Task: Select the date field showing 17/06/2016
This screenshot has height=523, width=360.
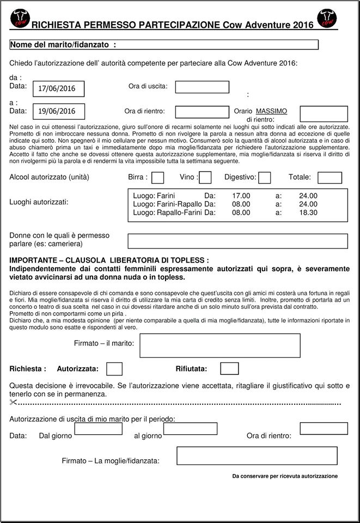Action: coord(60,88)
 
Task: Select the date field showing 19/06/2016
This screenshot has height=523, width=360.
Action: coord(60,111)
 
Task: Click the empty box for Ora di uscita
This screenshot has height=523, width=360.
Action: coord(202,87)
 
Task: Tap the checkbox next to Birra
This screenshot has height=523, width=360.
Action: coord(158,178)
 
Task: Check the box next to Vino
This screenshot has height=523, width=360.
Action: coord(205,178)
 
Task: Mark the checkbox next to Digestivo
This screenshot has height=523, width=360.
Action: coord(265,178)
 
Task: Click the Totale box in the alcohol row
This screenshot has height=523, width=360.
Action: coord(330,178)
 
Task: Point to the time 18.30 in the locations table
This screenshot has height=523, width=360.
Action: coord(308,212)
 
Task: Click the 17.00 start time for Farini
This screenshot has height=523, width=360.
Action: coord(241,195)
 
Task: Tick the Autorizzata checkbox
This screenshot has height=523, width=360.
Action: coord(114,369)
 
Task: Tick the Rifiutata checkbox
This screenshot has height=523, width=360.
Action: coord(229,369)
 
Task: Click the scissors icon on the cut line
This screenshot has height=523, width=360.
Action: coord(14,403)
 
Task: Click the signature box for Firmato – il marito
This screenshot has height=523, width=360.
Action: coord(220,345)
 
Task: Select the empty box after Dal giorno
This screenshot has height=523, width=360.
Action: coord(98,429)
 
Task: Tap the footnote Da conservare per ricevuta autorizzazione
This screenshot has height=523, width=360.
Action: coord(284,476)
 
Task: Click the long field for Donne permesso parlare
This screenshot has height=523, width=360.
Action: coord(237,241)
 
